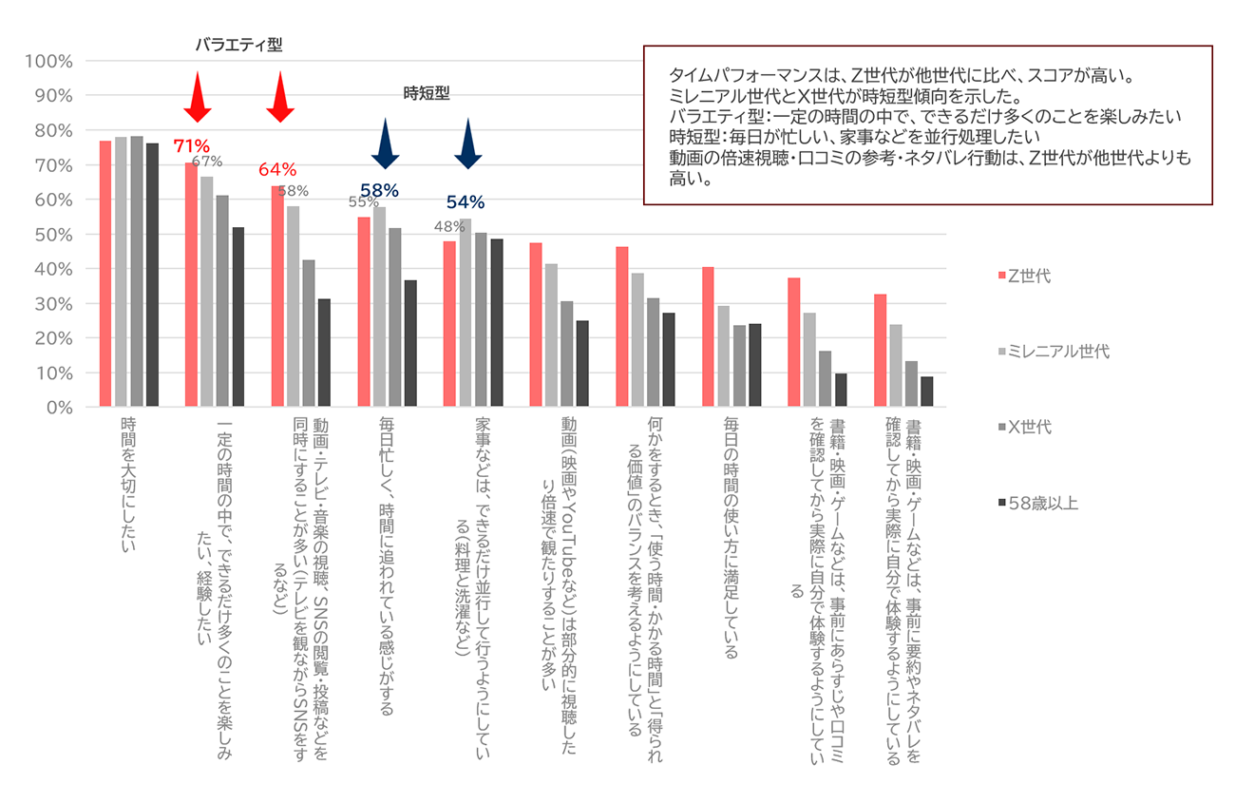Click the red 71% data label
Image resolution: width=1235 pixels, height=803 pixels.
[190, 146]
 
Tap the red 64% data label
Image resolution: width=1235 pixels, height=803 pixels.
[276, 170]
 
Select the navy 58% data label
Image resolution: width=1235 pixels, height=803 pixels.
[378, 190]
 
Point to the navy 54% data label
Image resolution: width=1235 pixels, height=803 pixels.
[465, 201]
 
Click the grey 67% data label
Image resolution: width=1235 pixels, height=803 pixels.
[207, 162]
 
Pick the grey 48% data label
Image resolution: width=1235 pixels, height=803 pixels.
[448, 226]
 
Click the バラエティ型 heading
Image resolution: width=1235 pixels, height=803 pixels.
[238, 45]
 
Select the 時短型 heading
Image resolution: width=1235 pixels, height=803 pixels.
[426, 93]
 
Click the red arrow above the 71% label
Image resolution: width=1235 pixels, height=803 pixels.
[196, 98]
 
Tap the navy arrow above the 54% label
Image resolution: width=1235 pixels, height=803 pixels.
[467, 145]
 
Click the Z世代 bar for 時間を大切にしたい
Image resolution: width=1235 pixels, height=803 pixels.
[105, 274]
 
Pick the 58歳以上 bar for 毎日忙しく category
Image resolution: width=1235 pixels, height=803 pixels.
[410, 343]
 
